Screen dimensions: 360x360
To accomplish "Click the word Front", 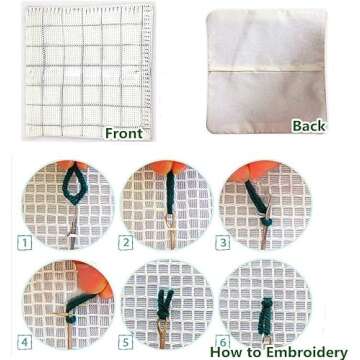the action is (124, 133).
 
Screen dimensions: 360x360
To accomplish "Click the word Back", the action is (309, 126).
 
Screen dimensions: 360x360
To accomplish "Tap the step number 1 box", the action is (24, 243).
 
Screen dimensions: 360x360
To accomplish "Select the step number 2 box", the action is (125, 243).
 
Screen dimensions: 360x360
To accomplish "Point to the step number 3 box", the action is (222, 243).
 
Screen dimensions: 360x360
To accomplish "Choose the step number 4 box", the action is (24, 342).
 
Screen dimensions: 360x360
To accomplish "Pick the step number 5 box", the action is (125, 342).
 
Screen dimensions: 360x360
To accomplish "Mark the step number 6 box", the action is (222, 341).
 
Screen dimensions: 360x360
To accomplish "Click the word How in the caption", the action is (224, 352).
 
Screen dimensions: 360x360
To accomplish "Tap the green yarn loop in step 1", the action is (74, 183).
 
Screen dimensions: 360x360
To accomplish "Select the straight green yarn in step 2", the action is (170, 192).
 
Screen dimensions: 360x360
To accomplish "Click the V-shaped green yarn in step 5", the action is (165, 304).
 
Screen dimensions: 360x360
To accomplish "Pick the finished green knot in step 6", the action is (265, 317).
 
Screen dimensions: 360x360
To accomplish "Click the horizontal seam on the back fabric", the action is (267, 68).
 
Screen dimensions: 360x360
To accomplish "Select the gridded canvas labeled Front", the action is (88, 70).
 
